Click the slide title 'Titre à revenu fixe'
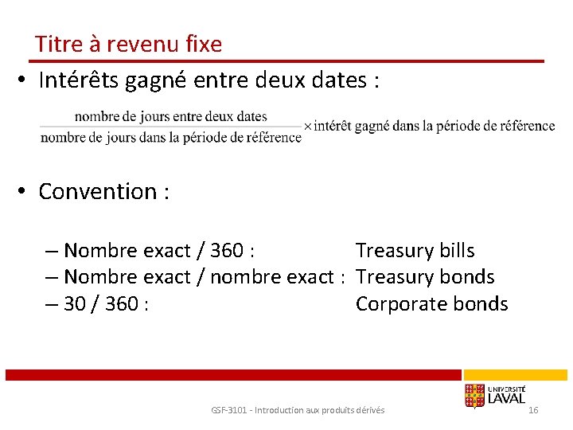coord(128,45)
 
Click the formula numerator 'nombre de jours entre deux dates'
coord(170,116)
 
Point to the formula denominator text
coord(170,138)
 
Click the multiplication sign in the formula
coord(308,127)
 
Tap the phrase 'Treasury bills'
coord(415,251)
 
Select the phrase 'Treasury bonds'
coord(425,277)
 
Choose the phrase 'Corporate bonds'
coord(431,303)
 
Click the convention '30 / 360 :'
coord(103,303)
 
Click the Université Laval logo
coord(494,395)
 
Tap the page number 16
coord(533,409)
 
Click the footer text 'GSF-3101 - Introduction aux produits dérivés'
coord(298,410)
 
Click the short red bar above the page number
coord(516,374)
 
